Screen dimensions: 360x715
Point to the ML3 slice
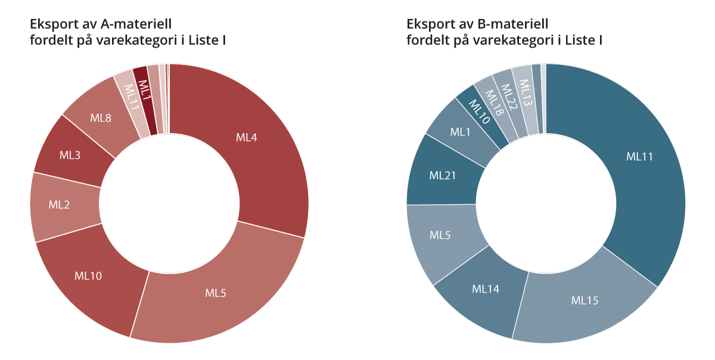click(70, 156)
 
